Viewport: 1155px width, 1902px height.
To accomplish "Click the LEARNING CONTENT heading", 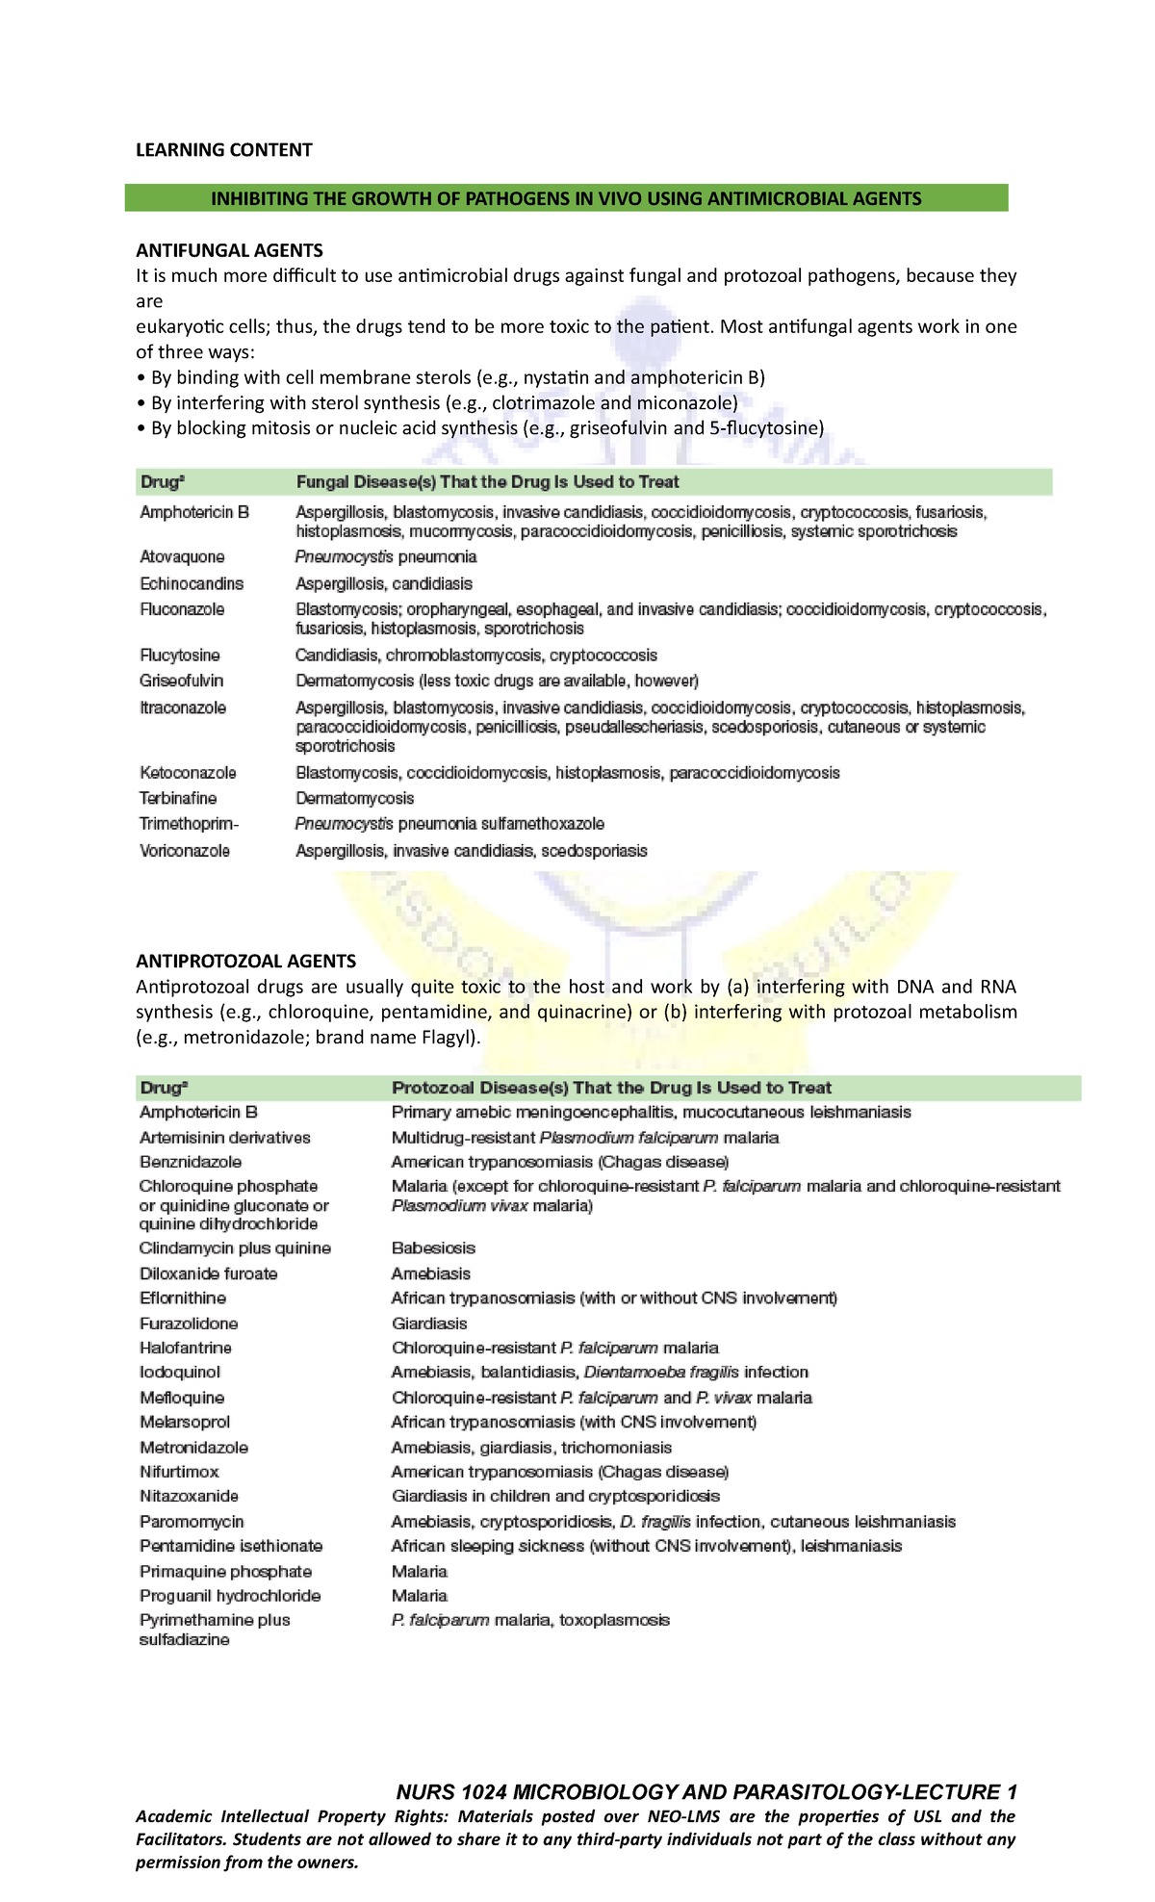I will (223, 149).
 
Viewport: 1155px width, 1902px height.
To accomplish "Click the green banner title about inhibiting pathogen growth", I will (566, 198).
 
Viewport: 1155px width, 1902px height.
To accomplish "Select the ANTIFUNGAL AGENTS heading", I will (229, 250).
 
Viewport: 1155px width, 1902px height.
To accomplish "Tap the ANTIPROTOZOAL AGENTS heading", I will (245, 961).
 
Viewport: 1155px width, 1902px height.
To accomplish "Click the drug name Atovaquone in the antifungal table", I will (182, 556).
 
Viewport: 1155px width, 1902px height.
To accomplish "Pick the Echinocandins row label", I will (192, 583).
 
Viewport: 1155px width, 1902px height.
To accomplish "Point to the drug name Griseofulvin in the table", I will (181, 681).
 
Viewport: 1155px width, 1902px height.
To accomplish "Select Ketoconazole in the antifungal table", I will (188, 772).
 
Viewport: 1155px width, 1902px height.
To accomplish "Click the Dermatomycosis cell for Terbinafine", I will (354, 798).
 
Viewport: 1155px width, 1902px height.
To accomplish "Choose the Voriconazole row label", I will (185, 851).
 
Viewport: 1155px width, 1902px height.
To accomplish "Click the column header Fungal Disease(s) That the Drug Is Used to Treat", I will (487, 481).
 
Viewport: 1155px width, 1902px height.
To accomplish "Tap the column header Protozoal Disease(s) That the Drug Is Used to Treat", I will (611, 1088).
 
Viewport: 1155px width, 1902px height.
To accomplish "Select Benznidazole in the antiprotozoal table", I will (191, 1162).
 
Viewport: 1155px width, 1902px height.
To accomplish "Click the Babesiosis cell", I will (433, 1247).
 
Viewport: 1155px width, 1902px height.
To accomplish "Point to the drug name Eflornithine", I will (183, 1298).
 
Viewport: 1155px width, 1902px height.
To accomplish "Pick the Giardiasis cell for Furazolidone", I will (429, 1324).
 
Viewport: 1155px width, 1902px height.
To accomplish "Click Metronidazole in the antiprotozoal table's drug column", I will (193, 1447).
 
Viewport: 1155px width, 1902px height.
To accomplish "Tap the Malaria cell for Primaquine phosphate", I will (420, 1571).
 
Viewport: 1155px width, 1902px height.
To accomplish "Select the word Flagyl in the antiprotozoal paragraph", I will (449, 1038).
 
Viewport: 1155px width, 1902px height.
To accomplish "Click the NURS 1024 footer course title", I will (706, 1791).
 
